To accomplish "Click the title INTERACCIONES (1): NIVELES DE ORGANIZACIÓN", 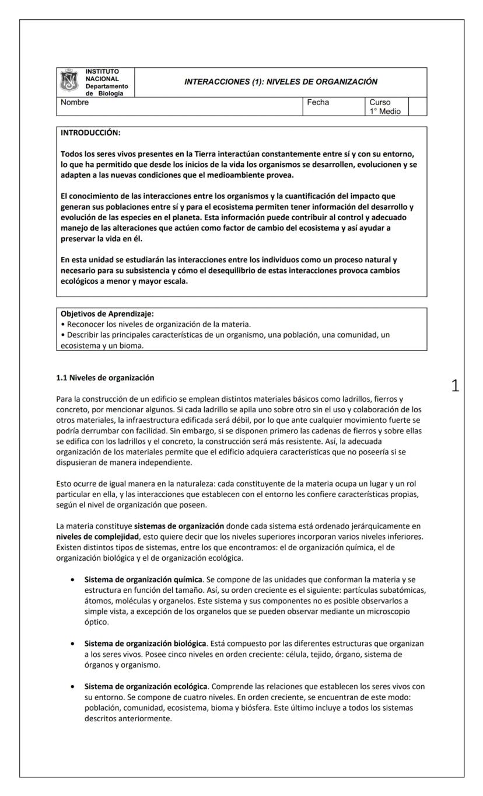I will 281,82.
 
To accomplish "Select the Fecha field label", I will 318,102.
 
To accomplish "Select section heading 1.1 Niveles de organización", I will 105,377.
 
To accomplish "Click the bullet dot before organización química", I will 72,579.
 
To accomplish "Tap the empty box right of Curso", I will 417,107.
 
